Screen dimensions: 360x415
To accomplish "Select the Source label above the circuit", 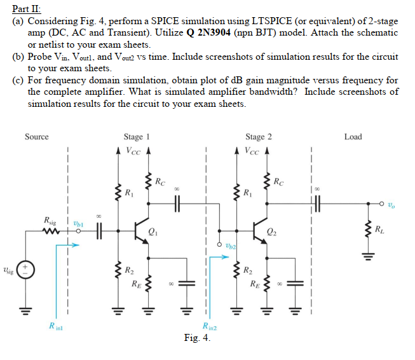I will coord(36,137).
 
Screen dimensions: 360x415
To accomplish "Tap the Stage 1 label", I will coord(137,137).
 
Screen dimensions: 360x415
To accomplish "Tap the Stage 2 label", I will coord(259,137).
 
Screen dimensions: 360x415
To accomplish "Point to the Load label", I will coord(353,137).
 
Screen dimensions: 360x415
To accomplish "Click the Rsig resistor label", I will coord(49,220).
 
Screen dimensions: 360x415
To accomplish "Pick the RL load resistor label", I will coord(379,229).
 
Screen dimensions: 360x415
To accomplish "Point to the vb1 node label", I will coord(78,223).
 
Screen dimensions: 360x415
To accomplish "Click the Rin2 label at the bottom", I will coord(210,327).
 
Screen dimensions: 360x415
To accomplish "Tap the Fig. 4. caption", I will coord(197,338).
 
